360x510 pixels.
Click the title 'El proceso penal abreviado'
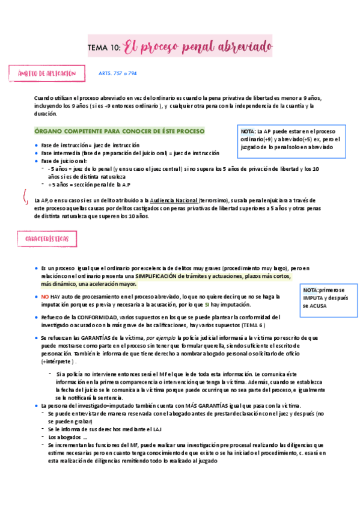tap(198, 47)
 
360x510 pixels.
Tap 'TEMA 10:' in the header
tap(104, 48)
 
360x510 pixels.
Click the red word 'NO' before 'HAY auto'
tap(45, 297)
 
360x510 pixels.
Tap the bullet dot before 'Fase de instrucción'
tap(36, 146)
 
